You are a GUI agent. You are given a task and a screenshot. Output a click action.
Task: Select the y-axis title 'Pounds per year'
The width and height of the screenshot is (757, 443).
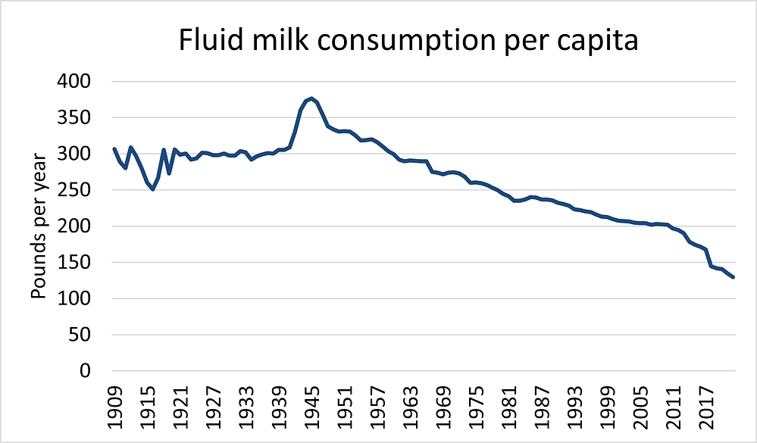tap(39, 226)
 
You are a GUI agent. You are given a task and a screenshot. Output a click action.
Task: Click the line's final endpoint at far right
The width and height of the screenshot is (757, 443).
tap(734, 277)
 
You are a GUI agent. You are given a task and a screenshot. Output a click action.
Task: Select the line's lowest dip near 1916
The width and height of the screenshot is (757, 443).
tap(152, 189)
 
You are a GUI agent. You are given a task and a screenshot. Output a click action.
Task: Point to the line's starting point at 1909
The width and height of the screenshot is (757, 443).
tap(114, 148)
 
